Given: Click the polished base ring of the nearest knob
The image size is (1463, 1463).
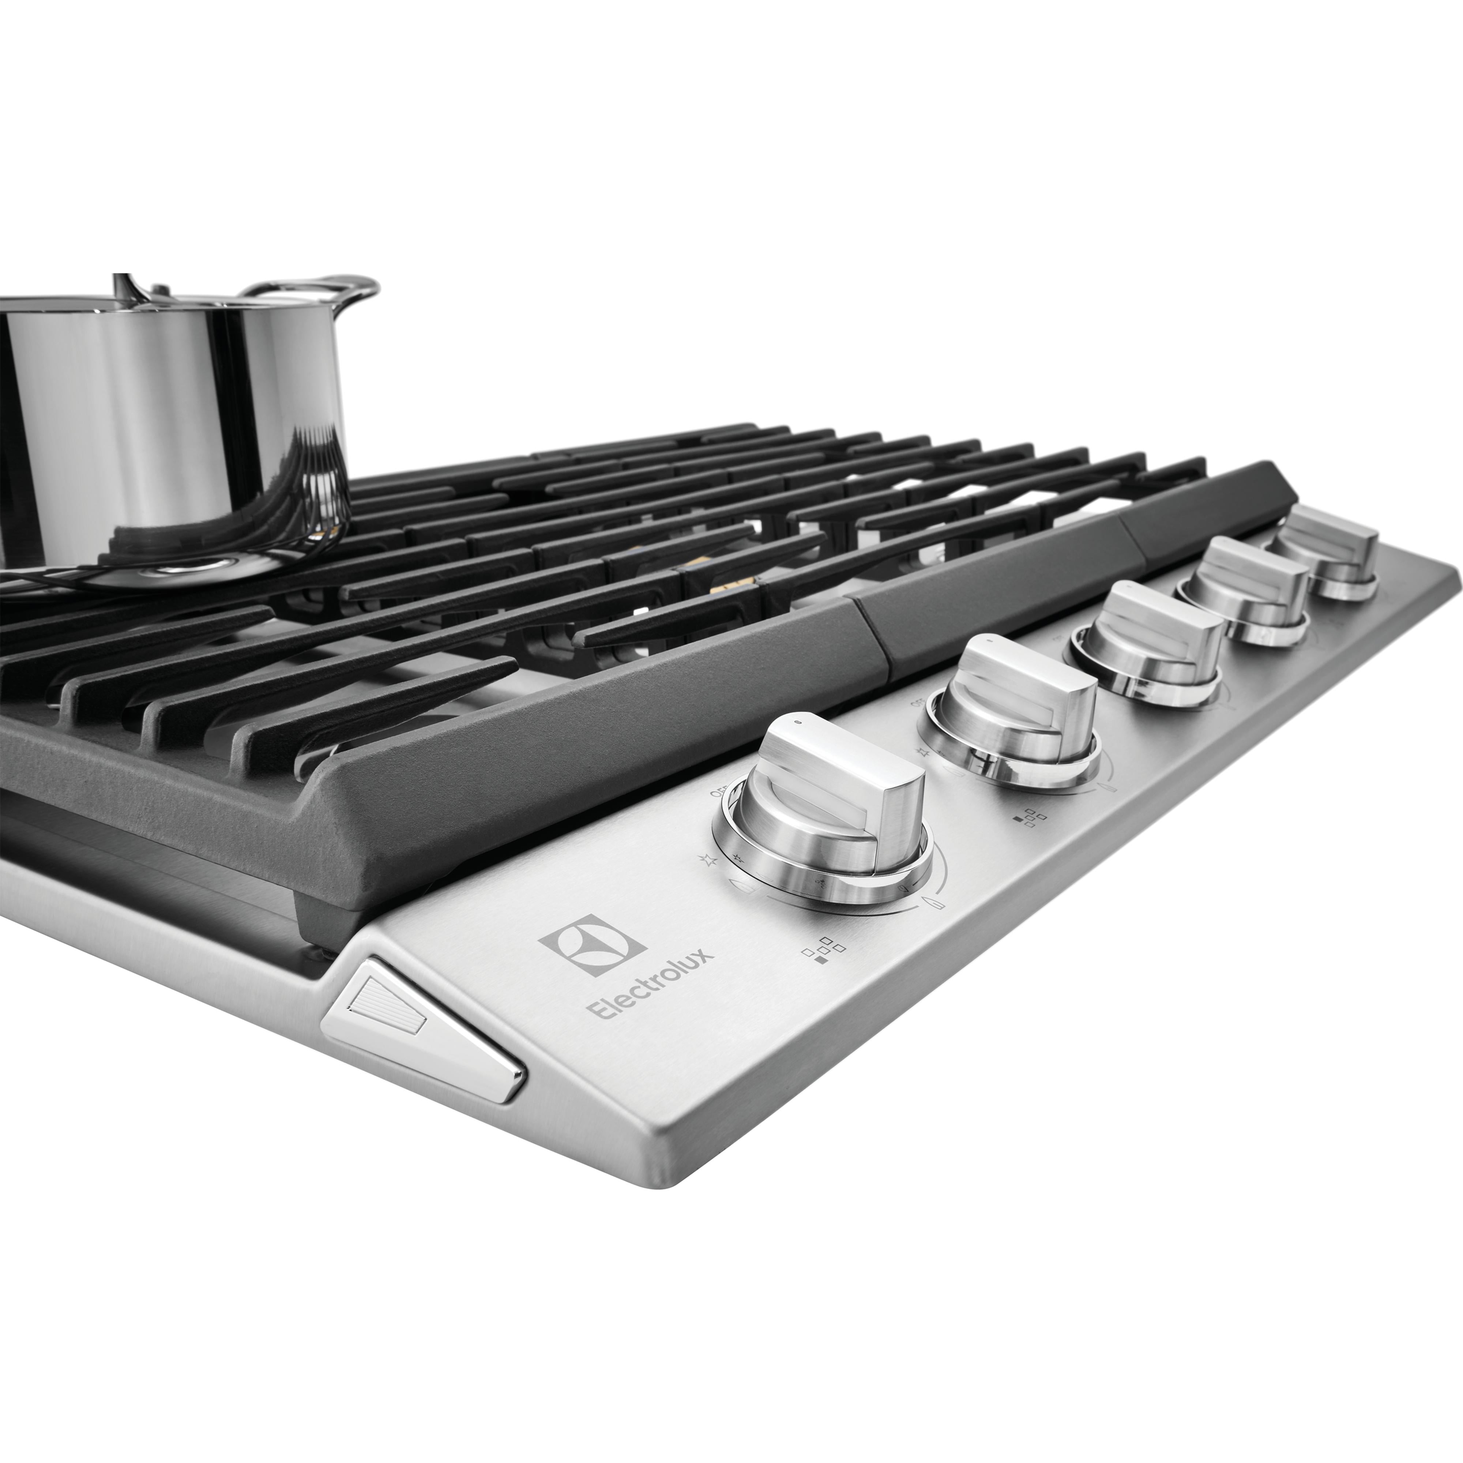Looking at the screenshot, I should (x=825, y=871).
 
